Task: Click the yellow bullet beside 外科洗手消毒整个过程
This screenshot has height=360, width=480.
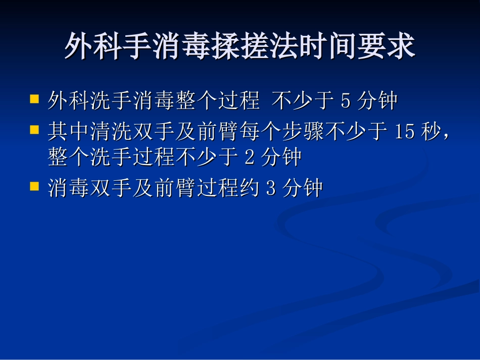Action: click(x=34, y=98)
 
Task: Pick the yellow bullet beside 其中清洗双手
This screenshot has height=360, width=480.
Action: click(x=34, y=129)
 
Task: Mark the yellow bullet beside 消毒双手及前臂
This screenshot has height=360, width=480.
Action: click(x=34, y=185)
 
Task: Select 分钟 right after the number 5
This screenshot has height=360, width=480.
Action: click(x=377, y=102)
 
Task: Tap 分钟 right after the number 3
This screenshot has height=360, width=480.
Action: click(x=302, y=188)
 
